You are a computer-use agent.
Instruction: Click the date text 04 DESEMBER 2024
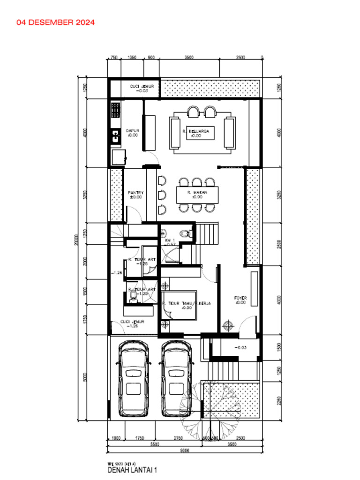pos(55,22)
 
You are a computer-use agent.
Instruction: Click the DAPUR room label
pos(132,133)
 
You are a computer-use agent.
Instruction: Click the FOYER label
pos(240,300)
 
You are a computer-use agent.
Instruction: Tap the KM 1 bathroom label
pos(170,242)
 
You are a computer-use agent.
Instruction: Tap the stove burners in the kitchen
pos(115,111)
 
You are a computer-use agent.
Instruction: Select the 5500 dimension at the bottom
pos(155,444)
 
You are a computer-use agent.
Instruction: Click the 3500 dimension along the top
pos(188,58)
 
